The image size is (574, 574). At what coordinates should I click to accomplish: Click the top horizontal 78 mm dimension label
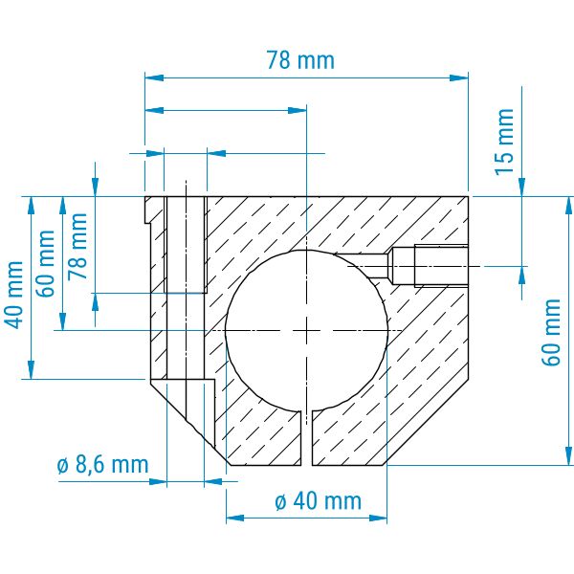click(x=300, y=60)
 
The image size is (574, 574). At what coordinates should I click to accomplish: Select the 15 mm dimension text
click(x=505, y=142)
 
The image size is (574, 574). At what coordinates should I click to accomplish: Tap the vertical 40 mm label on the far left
click(x=14, y=295)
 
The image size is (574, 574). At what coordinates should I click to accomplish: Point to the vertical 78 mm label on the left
click(x=78, y=246)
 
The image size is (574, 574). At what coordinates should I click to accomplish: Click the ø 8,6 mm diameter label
click(x=103, y=465)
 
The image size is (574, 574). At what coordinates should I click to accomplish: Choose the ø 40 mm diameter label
click(x=318, y=500)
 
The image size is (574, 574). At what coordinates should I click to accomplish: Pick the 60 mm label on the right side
click(x=551, y=332)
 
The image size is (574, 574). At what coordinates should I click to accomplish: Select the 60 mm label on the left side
click(x=46, y=263)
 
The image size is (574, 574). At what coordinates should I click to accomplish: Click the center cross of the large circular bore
click(x=306, y=331)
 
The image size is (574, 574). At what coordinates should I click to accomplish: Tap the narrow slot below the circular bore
click(x=306, y=438)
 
